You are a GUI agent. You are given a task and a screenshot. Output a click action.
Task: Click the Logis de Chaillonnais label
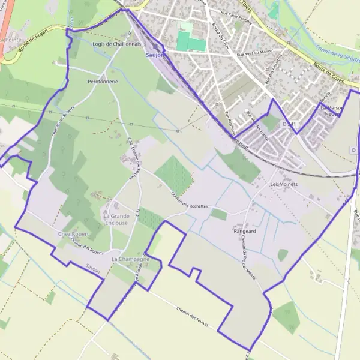tap(117, 44)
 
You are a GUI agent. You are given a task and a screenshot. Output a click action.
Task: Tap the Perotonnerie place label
tap(103, 81)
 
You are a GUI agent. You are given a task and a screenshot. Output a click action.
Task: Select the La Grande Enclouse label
tap(116, 219)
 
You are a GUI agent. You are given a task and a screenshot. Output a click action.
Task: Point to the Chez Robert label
tap(73, 233)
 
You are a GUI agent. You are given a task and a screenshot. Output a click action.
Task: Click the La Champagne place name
tap(131, 258)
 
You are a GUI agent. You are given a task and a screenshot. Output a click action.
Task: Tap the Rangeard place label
tap(245, 230)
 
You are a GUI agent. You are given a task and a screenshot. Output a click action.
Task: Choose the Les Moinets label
tap(284, 184)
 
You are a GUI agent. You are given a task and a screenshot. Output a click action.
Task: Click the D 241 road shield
tap(289, 124)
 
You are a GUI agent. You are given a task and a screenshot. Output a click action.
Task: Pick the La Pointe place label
tap(10, 40)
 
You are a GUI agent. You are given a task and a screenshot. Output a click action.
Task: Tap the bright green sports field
tap(191, 41)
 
